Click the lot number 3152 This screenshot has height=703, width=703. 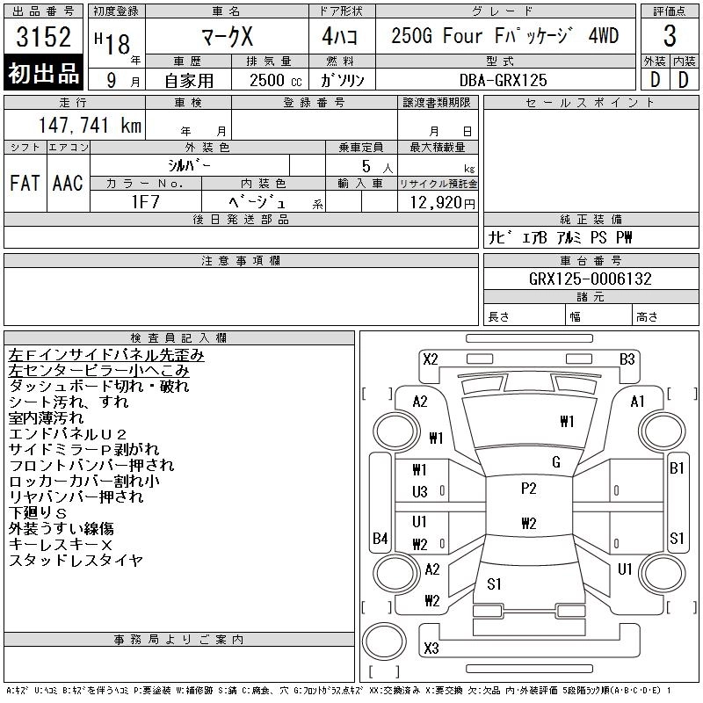pos(43,37)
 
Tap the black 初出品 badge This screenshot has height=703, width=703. pos(43,73)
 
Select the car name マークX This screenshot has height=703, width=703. pos(227,36)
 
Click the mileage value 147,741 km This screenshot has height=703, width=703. pos(90,125)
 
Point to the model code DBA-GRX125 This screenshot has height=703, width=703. pos(503,80)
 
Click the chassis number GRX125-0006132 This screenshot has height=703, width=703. pos(590,279)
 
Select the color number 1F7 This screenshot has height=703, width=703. pos(145,202)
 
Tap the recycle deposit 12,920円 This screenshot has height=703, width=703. pos(442,203)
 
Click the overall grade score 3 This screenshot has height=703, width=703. pos(670,36)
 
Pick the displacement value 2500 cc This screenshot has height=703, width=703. pos(275,80)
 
